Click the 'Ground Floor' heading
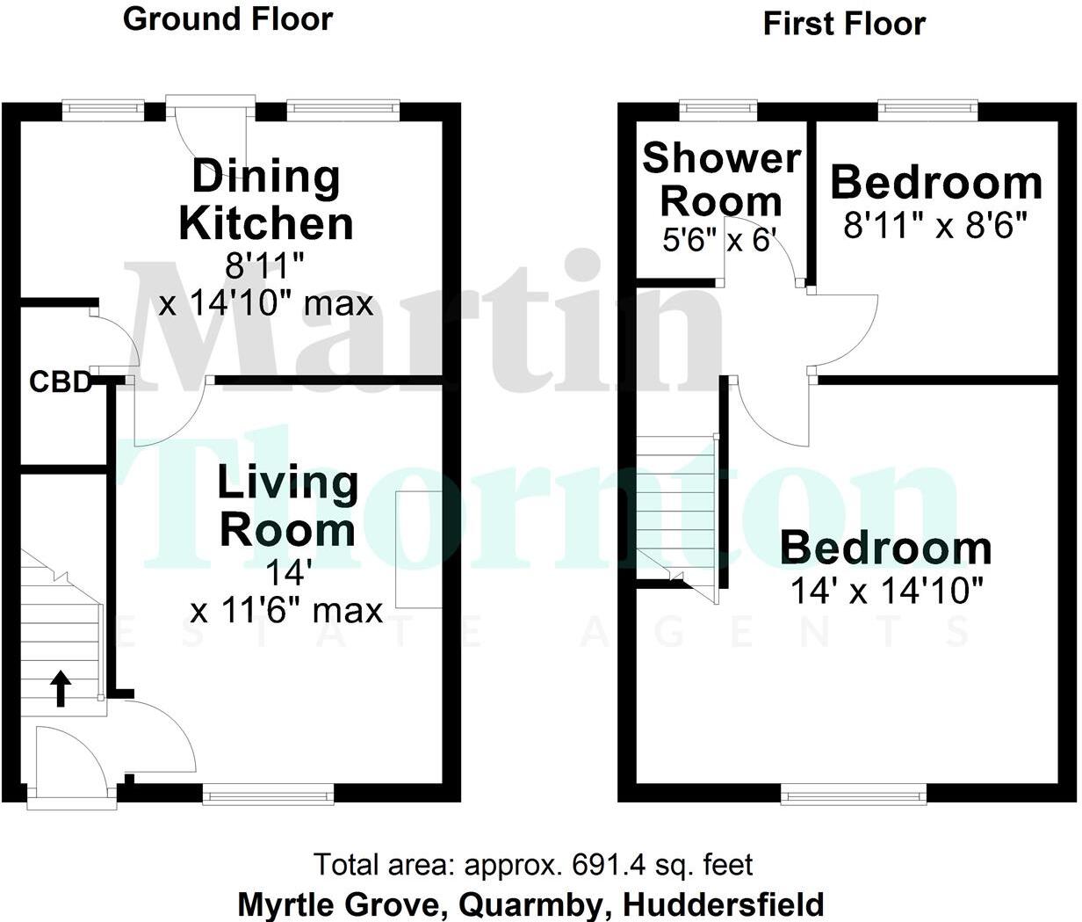coord(228,19)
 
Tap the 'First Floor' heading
coord(844,24)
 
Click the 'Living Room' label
coord(288,507)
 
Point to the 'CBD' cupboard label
coord(61,382)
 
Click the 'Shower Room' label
coord(721,180)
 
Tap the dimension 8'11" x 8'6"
coord(935,227)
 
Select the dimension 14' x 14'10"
coord(886,591)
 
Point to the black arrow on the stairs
coord(60,688)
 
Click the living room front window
coord(268,795)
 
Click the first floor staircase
coord(676,514)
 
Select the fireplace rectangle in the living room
coord(418,550)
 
